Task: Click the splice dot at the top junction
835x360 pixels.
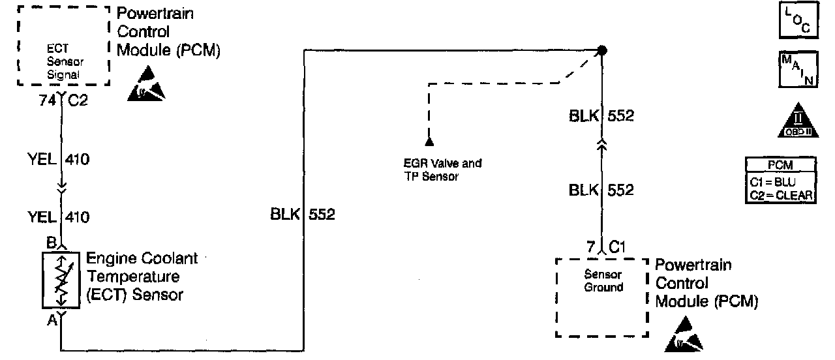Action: click(602, 50)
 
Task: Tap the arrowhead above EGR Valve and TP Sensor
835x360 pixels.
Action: click(429, 141)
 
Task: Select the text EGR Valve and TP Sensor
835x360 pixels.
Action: click(443, 170)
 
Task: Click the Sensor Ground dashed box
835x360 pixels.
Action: click(603, 297)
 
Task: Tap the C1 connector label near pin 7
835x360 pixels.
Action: click(618, 247)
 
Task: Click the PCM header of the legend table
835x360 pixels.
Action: click(780, 166)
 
